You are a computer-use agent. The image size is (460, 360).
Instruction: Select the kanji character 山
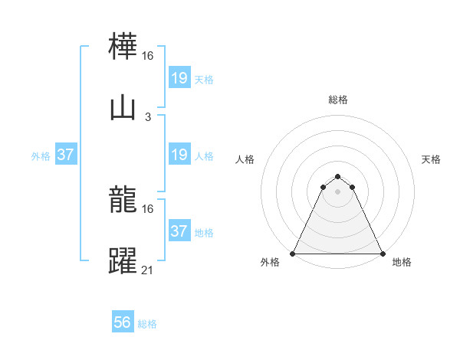pyautogui.click(x=123, y=109)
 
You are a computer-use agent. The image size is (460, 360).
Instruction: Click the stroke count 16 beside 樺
pyautogui.click(x=148, y=56)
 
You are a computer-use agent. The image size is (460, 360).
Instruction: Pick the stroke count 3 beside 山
pyautogui.click(x=148, y=117)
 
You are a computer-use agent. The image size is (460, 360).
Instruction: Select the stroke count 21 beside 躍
pyautogui.click(x=148, y=270)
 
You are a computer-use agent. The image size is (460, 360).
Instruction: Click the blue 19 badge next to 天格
pyautogui.click(x=179, y=77)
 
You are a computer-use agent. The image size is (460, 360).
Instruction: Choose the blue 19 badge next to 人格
pyautogui.click(x=179, y=155)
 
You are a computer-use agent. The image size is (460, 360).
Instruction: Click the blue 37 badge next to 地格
pyautogui.click(x=179, y=231)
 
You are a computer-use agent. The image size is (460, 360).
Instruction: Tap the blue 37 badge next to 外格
pyautogui.click(x=65, y=155)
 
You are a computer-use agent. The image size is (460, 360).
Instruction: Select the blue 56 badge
pyautogui.click(x=123, y=322)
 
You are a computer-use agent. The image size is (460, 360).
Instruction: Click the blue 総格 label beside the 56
pyautogui.click(x=147, y=324)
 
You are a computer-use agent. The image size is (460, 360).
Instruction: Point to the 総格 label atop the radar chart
pyautogui.click(x=338, y=100)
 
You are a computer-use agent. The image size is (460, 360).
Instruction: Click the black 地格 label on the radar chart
pyautogui.click(x=402, y=263)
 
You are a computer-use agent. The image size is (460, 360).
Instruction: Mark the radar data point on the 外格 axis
pyautogui.click(x=294, y=254)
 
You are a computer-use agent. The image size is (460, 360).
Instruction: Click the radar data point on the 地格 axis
pyautogui.click(x=382, y=254)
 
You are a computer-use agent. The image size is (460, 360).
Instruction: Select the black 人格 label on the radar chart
pyautogui.click(x=245, y=160)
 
